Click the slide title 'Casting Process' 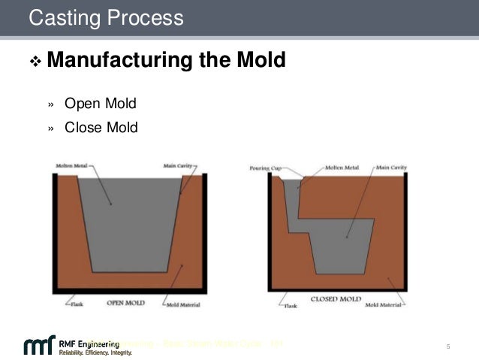coord(105,17)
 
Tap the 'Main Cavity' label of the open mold coord(181,165)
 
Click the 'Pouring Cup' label coord(264,168)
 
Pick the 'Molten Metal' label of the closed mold coord(339,168)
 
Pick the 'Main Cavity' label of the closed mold coord(391,168)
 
